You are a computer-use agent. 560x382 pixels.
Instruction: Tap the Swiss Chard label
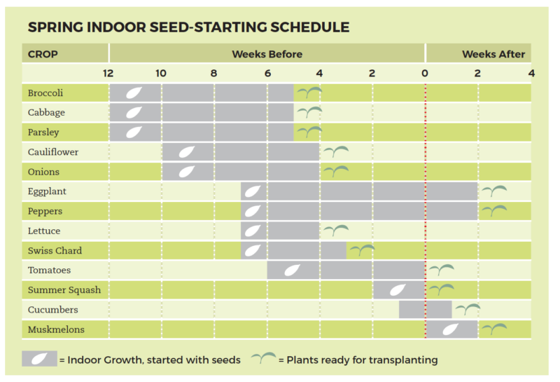(55, 250)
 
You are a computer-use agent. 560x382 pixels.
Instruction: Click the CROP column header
(42, 54)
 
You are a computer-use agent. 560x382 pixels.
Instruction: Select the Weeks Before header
(267, 54)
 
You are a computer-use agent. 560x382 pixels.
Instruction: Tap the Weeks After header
(493, 54)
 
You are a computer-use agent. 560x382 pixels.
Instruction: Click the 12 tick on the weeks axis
(108, 74)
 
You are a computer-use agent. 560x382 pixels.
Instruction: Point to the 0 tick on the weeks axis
(424, 74)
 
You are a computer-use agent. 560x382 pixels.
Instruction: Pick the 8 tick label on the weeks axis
(213, 74)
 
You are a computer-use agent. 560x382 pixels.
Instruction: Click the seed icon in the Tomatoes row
(293, 270)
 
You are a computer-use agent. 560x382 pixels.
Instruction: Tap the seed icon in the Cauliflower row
(188, 152)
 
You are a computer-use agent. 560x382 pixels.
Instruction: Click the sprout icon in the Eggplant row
(493, 191)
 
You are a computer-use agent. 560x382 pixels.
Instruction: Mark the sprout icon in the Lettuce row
(335, 230)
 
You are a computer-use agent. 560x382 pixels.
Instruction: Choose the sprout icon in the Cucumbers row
(467, 308)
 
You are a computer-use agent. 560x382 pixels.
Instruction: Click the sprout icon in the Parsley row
(309, 132)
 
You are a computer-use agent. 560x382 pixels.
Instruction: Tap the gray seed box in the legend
(39, 359)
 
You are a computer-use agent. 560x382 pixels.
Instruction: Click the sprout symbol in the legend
(264, 359)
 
